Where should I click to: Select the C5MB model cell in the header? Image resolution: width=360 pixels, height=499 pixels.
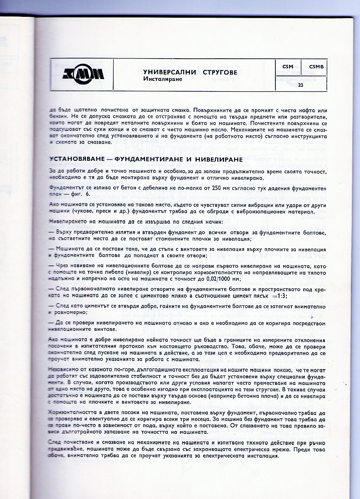click(315, 67)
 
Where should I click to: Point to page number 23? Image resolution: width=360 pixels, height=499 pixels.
click(300, 85)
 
